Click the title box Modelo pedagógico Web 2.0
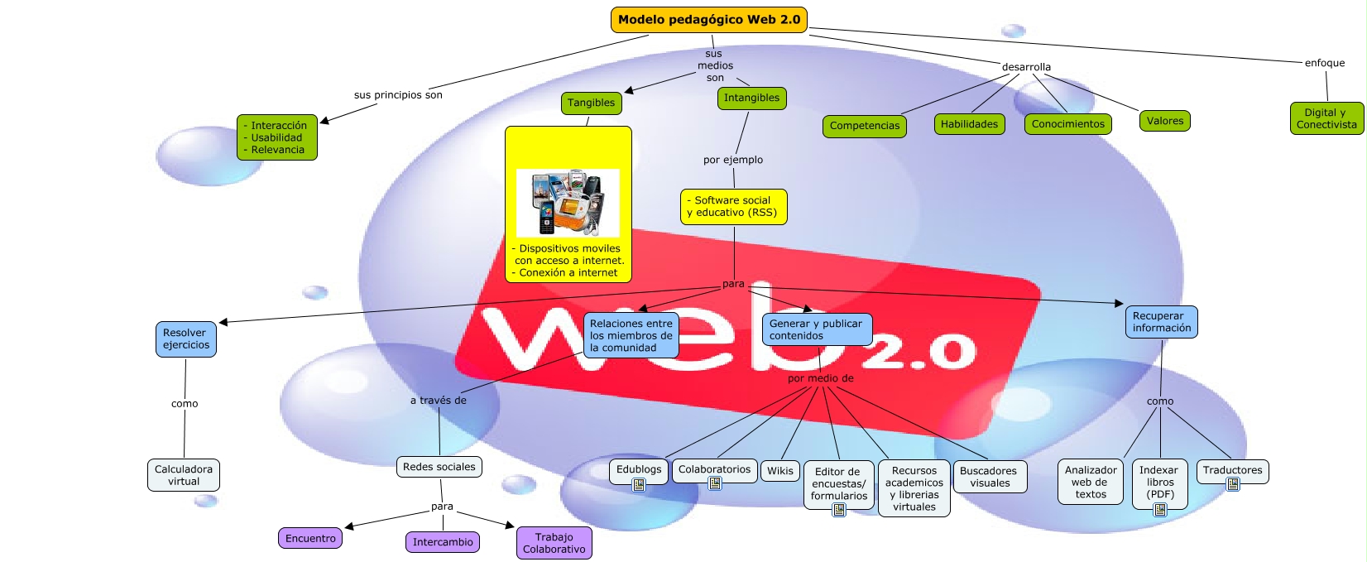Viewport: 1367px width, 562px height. (x=709, y=20)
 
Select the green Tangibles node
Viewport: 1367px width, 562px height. (x=591, y=103)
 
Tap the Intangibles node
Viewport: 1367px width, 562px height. (x=751, y=98)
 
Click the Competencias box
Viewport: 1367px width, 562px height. (x=864, y=126)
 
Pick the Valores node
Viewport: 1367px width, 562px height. (x=1164, y=121)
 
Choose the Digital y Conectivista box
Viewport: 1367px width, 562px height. (x=1326, y=118)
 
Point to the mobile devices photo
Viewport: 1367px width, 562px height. (x=568, y=203)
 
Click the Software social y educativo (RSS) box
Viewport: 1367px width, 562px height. (x=733, y=207)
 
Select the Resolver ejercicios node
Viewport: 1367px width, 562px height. (x=186, y=339)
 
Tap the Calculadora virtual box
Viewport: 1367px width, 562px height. (x=184, y=475)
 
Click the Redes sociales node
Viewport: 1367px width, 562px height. (x=439, y=467)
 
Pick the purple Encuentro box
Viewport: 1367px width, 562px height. (x=310, y=539)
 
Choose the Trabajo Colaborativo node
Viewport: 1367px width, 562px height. (x=554, y=543)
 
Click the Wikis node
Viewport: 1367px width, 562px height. (x=779, y=471)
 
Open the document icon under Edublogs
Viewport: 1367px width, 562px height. (x=639, y=485)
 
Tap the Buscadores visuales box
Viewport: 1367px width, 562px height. (x=990, y=477)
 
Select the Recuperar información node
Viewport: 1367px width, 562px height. (x=1161, y=322)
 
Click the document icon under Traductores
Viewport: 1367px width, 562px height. (x=1233, y=484)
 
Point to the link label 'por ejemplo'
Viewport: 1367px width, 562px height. (x=733, y=160)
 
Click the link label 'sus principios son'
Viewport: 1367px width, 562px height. (x=398, y=95)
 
